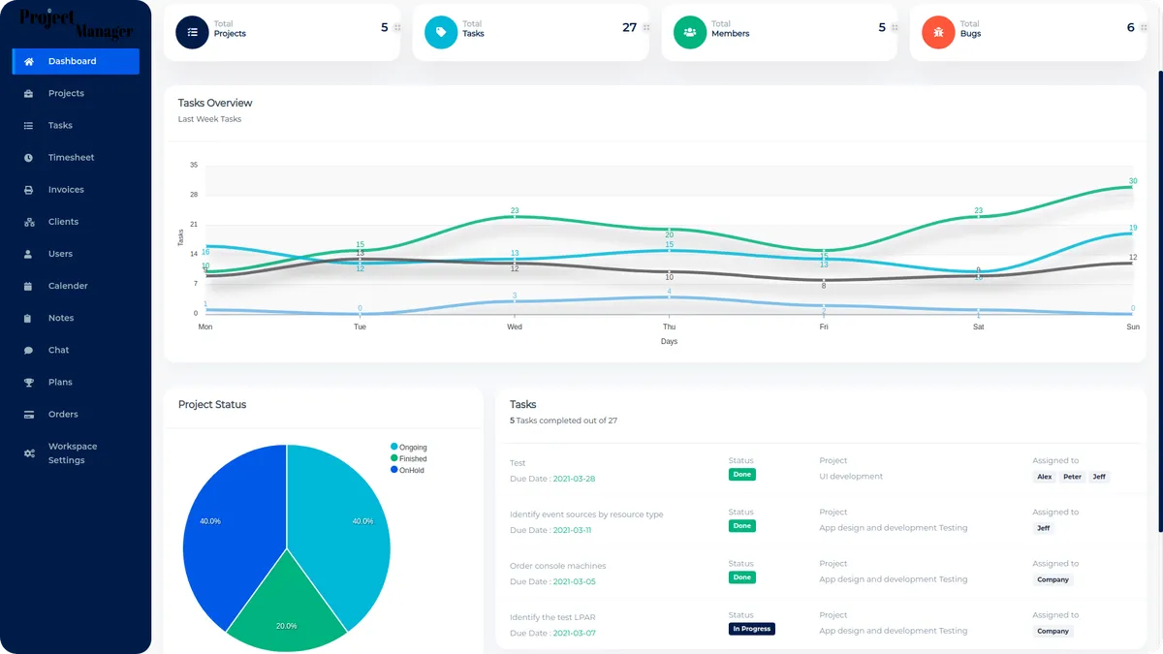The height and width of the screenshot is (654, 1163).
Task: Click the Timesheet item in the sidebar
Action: point(71,157)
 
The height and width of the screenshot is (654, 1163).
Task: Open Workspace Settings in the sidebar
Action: point(73,453)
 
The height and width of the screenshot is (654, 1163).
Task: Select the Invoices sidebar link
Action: point(66,190)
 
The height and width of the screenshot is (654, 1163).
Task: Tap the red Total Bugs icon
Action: point(938,32)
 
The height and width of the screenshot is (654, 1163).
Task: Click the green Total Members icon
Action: point(689,32)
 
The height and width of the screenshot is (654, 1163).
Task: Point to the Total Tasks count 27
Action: point(629,28)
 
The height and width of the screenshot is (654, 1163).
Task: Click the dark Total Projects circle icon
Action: point(192,32)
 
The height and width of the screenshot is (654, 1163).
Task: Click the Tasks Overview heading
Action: point(215,103)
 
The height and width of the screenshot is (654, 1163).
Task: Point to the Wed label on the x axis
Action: point(515,327)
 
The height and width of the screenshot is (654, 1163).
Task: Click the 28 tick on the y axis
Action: point(194,195)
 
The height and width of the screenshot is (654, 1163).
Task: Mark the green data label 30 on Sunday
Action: point(1133,181)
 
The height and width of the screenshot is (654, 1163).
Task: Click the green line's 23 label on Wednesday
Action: point(515,210)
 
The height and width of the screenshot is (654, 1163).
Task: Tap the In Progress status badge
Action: point(751,629)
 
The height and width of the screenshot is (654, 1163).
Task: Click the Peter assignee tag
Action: point(1072,477)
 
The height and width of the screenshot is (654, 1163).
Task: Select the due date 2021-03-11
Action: point(573,530)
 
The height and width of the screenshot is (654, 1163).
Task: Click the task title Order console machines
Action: point(557,566)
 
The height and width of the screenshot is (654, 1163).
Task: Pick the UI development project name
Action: point(851,477)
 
